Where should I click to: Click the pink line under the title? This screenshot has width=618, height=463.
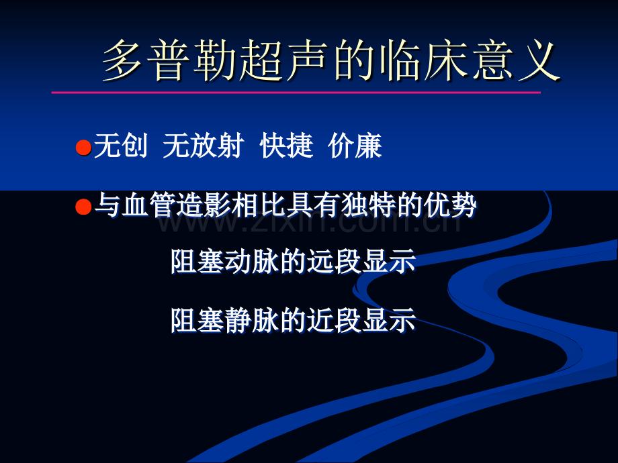coord(296,93)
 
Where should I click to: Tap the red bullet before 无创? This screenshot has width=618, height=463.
coord(83,147)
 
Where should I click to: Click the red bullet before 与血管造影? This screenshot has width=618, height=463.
coord(83,206)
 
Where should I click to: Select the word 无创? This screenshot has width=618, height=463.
coord(121,146)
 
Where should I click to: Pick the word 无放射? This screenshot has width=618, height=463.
coord(203,146)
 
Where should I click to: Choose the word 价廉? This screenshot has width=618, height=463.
coord(355,146)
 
